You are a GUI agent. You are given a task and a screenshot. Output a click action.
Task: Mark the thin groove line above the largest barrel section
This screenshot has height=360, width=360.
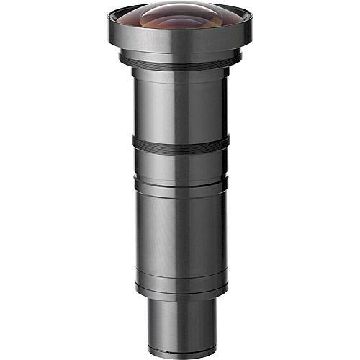point(180,189)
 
